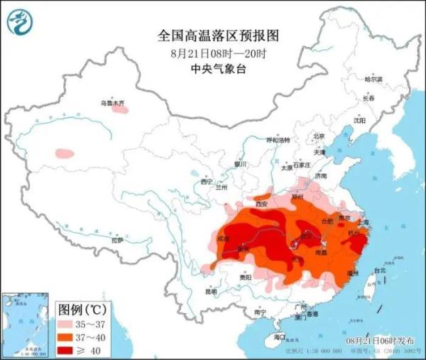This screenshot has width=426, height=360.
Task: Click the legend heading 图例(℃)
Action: pos(82,310)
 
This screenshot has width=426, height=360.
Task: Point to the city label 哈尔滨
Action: pos(373,79)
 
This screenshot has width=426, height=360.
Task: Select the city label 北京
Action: pos(319,136)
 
